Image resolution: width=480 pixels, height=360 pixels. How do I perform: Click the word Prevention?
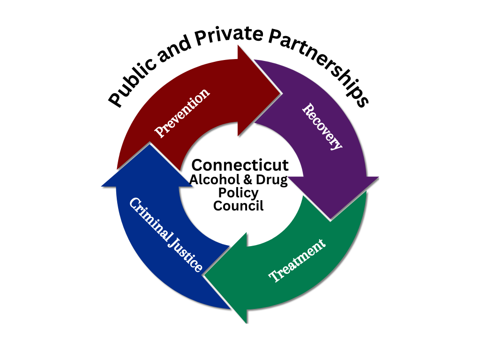[x=182, y=112]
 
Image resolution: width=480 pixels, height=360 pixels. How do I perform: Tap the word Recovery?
[x=322, y=127]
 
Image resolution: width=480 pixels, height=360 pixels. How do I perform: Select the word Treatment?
[x=297, y=261]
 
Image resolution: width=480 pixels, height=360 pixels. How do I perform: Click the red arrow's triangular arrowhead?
[x=255, y=91]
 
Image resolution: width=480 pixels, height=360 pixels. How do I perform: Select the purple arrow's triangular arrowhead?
[x=332, y=195]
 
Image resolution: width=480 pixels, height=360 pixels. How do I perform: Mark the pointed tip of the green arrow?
[x=204, y=276]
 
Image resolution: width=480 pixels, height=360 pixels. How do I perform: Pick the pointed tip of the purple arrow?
[x=330, y=219]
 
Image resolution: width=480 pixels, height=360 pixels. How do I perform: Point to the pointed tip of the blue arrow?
[x=149, y=144]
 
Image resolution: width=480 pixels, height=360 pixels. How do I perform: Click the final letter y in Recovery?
[x=337, y=145]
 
